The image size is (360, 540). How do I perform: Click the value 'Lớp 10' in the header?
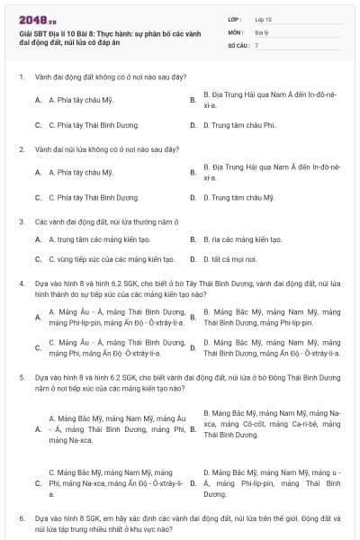[263, 18]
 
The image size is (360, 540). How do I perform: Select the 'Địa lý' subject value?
[261, 31]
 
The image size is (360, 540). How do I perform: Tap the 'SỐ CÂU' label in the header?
[237, 43]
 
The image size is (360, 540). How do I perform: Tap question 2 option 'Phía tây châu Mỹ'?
[80, 172]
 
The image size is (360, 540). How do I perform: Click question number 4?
[22, 283]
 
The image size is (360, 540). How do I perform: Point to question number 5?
[22, 380]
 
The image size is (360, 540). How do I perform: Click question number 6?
[22, 519]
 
